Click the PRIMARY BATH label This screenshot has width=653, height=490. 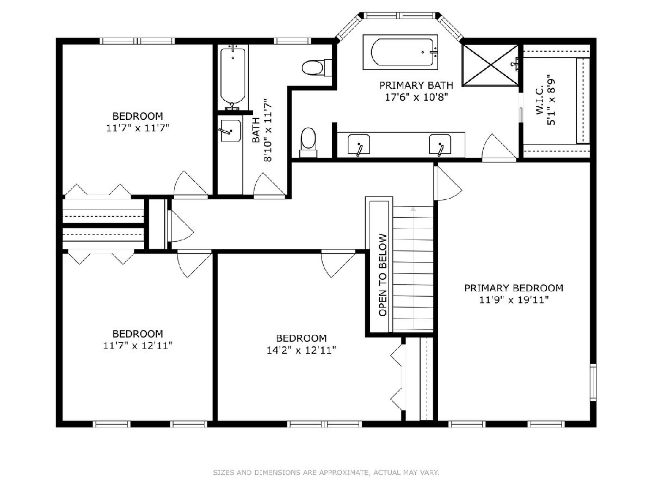coord(416,85)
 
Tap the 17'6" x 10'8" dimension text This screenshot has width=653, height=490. coord(416,97)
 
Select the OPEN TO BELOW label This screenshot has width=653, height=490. coord(383,275)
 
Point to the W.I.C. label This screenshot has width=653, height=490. coord(540,100)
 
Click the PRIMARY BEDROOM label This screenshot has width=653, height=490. coord(514,288)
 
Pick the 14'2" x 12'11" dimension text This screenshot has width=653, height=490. coord(301,351)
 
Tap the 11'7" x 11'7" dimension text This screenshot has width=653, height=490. coord(138,128)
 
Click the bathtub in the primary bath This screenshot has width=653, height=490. coord(400,52)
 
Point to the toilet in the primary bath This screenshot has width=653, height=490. coord(308,143)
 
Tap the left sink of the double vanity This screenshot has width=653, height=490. coord(359,145)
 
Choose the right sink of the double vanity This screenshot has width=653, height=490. coord(440,145)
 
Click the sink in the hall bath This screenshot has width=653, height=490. coord(230,131)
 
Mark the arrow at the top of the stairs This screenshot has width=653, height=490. coord(413,209)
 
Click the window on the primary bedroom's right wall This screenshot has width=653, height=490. coord(593,383)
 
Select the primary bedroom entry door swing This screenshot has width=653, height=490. coord(448,183)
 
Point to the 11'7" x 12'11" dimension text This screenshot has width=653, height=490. coord(138,346)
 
